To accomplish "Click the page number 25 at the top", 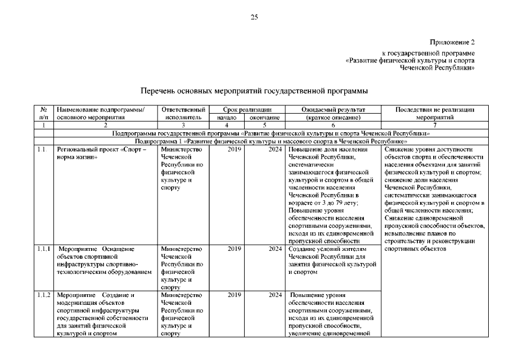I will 254,17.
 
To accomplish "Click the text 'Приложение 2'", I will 453,42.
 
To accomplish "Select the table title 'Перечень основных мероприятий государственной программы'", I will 254,90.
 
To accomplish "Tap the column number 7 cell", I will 435,126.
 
